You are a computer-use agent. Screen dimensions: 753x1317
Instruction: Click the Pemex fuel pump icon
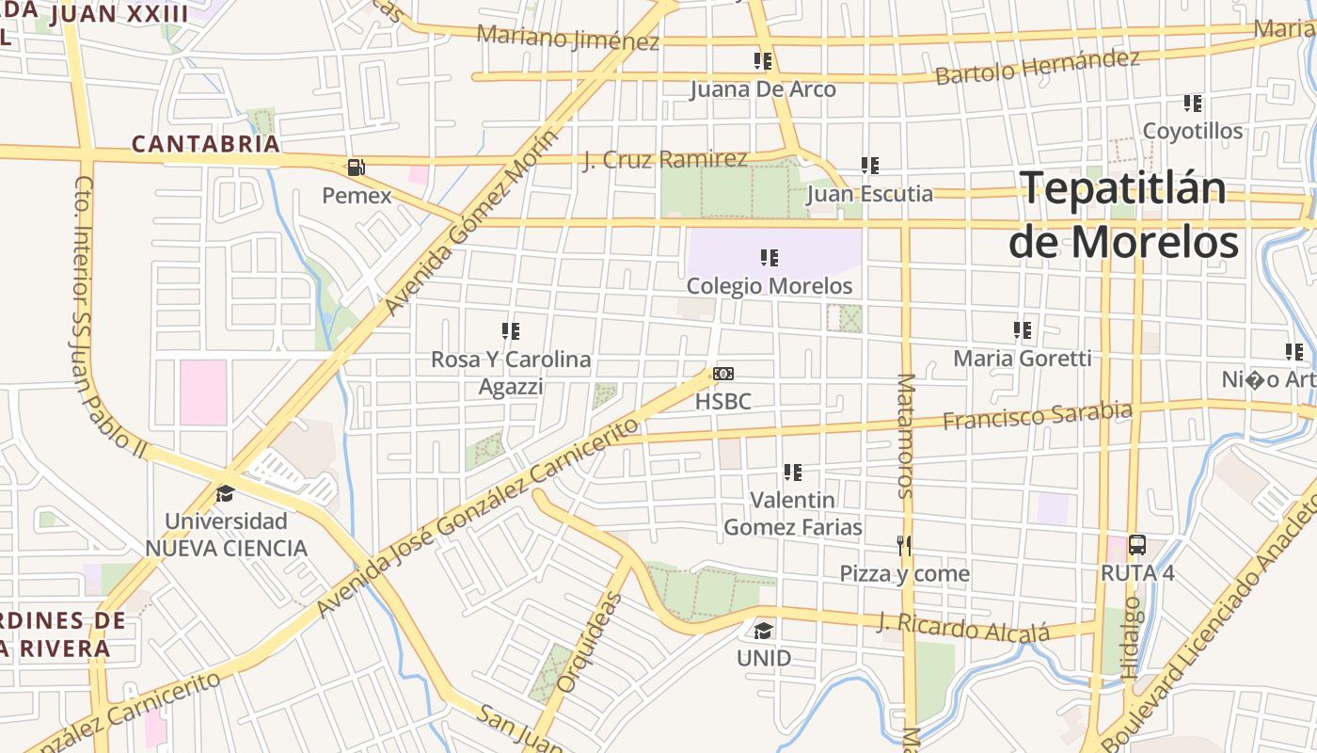click(x=357, y=168)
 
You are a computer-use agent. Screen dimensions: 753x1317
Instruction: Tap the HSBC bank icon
click(x=723, y=374)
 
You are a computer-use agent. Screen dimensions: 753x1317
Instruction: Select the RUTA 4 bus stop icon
click(x=1137, y=544)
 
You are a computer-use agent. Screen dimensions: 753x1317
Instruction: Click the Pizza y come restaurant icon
click(x=904, y=545)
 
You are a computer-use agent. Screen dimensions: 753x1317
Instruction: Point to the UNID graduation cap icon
click(x=763, y=630)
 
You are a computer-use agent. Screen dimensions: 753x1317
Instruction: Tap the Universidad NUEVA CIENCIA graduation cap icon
click(x=225, y=493)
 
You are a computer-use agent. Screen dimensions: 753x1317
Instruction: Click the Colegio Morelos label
click(x=770, y=285)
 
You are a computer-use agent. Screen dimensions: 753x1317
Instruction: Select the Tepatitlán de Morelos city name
click(x=1123, y=216)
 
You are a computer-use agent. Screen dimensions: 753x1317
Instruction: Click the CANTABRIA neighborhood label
click(x=206, y=144)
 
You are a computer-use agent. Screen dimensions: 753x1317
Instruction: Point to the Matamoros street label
click(x=906, y=435)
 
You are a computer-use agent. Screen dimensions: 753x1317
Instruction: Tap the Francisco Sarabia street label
click(x=1037, y=415)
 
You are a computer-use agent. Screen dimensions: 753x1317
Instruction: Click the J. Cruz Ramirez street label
click(x=665, y=159)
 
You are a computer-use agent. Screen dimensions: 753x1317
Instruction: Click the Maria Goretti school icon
click(x=1023, y=330)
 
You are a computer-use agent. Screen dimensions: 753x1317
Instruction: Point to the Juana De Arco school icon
click(x=763, y=61)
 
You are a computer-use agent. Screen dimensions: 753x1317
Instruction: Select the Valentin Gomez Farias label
click(x=792, y=513)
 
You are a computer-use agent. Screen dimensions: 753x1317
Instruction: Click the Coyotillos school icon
click(x=1193, y=104)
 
